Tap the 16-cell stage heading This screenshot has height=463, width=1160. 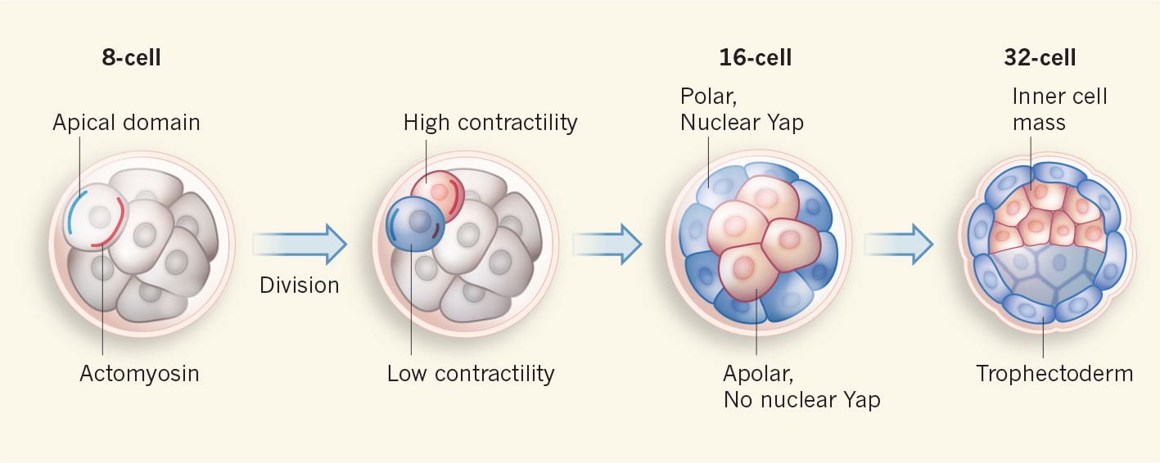[755, 58]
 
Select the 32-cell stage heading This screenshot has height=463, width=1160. [1039, 58]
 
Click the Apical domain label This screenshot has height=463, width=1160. [126, 123]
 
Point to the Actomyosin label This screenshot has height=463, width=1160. [139, 374]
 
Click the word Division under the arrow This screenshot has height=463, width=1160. [299, 285]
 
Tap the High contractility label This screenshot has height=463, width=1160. [490, 123]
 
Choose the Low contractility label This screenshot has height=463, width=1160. [471, 374]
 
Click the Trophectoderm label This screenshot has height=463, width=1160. [1054, 374]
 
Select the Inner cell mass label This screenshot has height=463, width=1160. [1058, 110]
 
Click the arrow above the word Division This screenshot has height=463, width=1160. [300, 244]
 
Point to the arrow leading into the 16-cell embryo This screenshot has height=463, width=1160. [607, 244]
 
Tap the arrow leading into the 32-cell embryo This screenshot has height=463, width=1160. [899, 244]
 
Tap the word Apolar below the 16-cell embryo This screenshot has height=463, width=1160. [759, 374]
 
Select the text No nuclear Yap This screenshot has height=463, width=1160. [801, 401]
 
